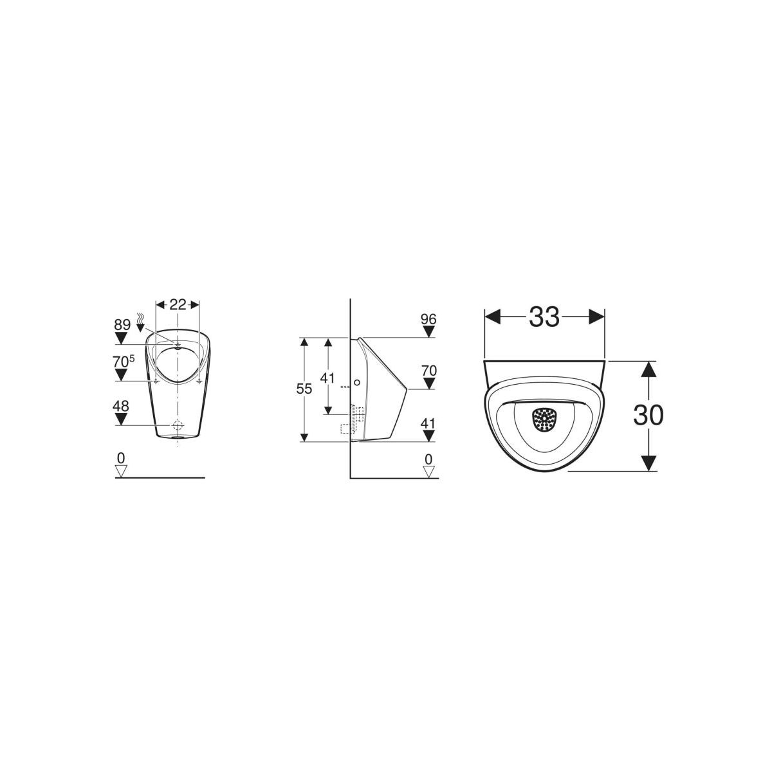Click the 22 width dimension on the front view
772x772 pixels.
[178, 305]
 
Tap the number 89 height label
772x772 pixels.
[122, 324]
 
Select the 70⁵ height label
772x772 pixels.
[124, 361]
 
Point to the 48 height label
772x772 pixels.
[121, 406]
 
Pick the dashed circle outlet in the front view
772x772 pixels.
[178, 425]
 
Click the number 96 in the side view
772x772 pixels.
[428, 319]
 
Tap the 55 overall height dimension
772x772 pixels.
[304, 388]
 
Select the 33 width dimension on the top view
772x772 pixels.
[544, 317]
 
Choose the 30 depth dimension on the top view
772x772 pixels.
[648, 415]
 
